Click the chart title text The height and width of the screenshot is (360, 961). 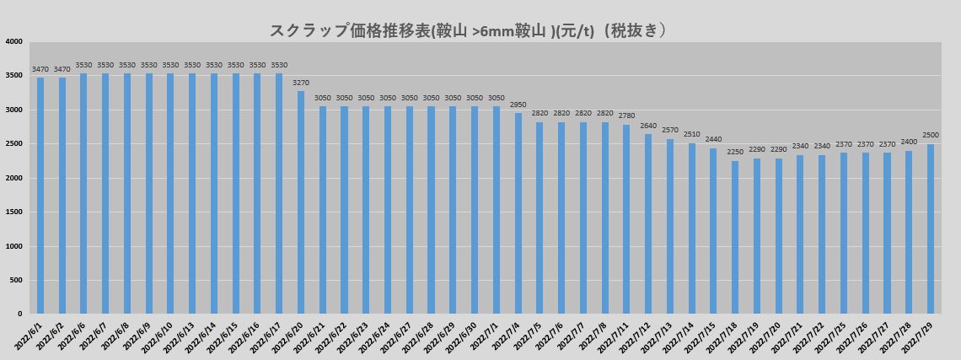tap(469, 30)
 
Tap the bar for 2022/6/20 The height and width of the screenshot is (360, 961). tap(301, 202)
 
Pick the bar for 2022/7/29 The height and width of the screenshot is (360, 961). tap(931, 228)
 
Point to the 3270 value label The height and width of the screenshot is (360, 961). tap(301, 83)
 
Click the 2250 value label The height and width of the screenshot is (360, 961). tap(735, 153)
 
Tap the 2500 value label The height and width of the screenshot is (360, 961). tap(931, 136)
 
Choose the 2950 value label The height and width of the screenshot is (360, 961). tap(518, 105)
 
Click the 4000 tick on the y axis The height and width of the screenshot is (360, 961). tap(14, 41)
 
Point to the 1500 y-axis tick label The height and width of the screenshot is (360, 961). tap(14, 212)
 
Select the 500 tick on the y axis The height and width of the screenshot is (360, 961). tap(17, 281)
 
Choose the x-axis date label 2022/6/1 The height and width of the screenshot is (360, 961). tap(30, 336)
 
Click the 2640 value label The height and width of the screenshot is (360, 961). tap(648, 126)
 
